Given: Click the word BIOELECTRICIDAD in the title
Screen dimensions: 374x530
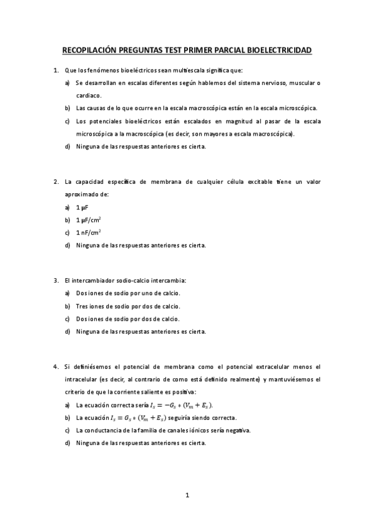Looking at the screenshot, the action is [x=280, y=50].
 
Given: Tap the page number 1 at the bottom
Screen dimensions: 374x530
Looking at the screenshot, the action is [x=187, y=495].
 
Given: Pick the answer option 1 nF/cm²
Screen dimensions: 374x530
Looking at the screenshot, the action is [x=89, y=232].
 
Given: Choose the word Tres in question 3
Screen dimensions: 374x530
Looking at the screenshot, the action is [x=82, y=306].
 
